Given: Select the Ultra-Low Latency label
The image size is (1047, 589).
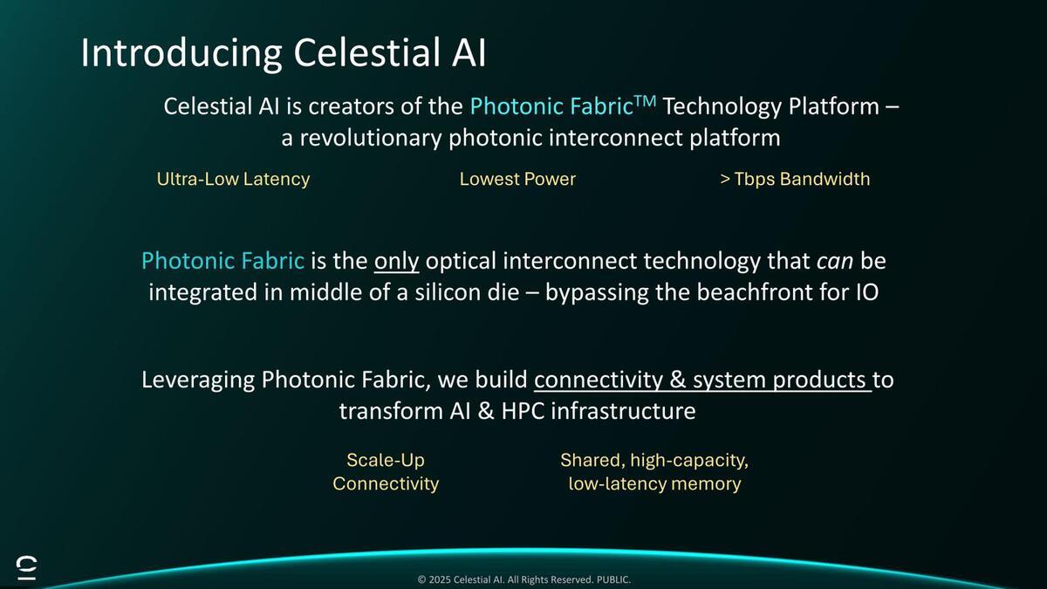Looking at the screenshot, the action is click(233, 179).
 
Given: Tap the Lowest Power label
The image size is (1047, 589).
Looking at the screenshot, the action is click(517, 179).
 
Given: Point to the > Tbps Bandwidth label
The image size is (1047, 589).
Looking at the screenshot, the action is click(795, 179).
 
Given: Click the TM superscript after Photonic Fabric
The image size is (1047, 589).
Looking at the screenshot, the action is click(645, 101).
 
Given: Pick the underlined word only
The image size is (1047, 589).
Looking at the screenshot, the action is click(396, 261).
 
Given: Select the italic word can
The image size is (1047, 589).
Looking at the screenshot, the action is click(835, 262).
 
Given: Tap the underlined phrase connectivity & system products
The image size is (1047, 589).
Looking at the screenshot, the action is click(702, 380).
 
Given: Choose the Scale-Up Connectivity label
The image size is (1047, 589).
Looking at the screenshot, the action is click(386, 472).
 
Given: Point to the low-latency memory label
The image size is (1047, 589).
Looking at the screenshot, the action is click(654, 483).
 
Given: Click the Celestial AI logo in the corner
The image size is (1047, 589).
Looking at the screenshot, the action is click(27, 568).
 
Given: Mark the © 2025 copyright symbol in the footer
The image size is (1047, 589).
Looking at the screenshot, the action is click(421, 579).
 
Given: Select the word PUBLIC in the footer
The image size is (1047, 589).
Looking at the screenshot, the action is click(612, 579).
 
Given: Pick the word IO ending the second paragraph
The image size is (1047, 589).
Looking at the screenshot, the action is click(867, 292).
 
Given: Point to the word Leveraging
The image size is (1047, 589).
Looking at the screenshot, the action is click(198, 380).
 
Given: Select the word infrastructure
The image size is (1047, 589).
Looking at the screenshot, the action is click(623, 411).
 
